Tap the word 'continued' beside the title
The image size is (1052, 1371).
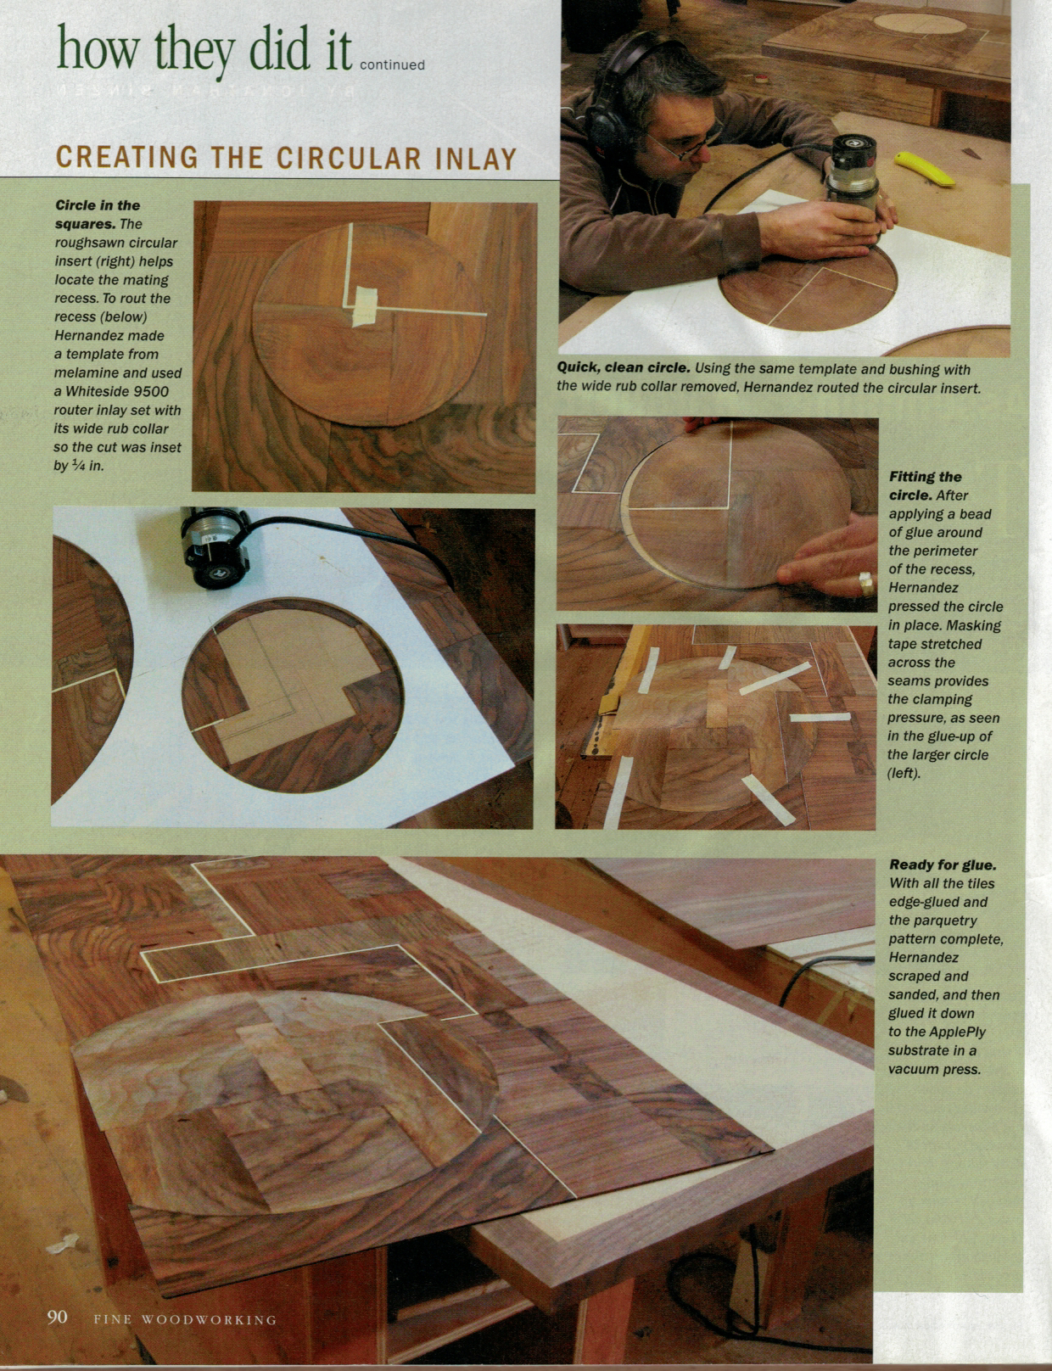click(392, 65)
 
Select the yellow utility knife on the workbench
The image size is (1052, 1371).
click(925, 168)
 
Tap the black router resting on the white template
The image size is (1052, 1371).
click(214, 548)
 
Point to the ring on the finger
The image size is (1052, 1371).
click(865, 583)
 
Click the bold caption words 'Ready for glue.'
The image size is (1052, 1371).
click(943, 865)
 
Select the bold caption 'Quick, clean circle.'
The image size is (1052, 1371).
click(624, 369)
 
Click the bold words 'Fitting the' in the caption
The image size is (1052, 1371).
click(925, 477)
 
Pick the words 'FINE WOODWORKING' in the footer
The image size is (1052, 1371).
click(185, 1319)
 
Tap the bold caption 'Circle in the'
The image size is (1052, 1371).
click(98, 205)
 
